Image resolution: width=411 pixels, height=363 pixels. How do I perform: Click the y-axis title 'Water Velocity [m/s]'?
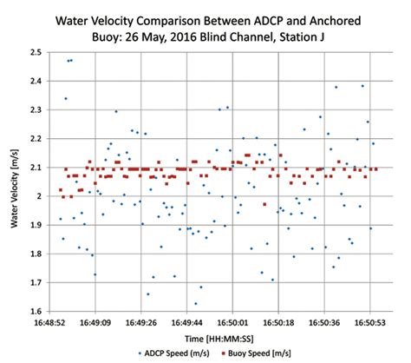click(x=14, y=182)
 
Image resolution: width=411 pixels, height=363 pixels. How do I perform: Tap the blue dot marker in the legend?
click(x=140, y=354)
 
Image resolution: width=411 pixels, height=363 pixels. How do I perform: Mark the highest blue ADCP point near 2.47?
click(x=70, y=61)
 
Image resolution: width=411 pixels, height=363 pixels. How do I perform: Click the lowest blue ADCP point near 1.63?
click(x=196, y=303)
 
